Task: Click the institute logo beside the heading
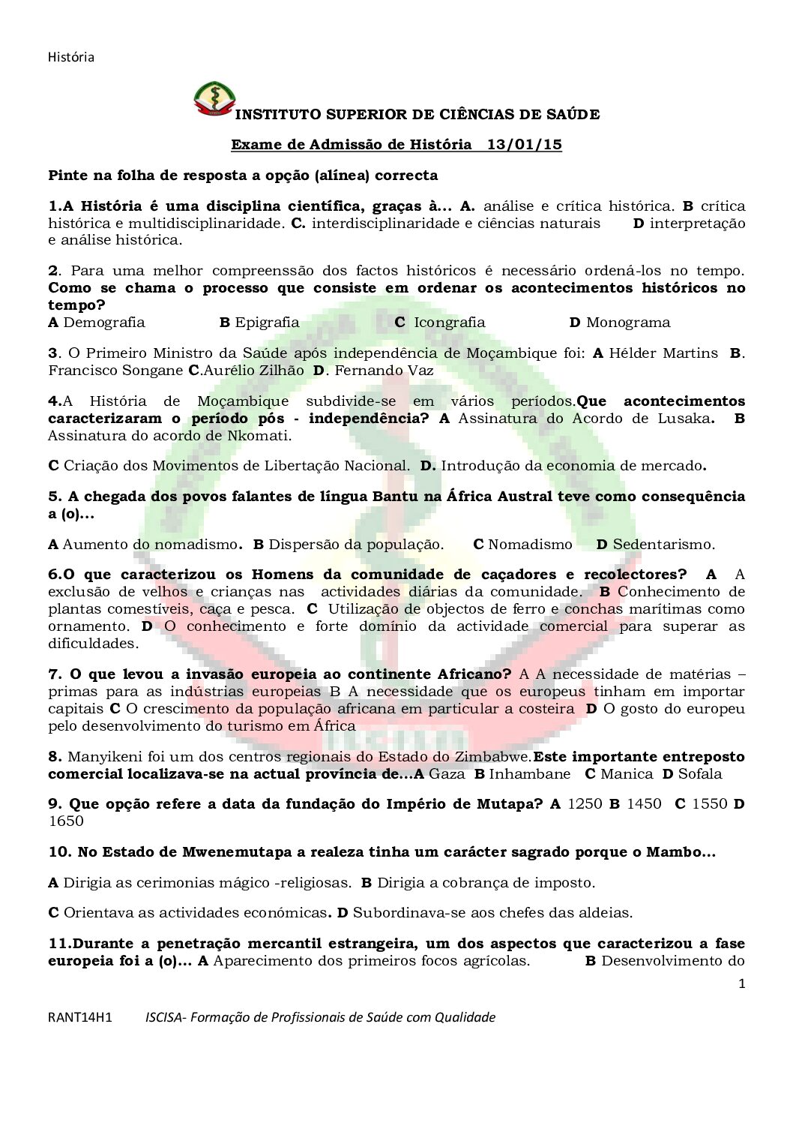pyautogui.click(x=214, y=98)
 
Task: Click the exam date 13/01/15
pyautogui.click(x=524, y=145)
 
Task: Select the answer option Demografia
pyautogui.click(x=104, y=323)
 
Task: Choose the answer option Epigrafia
pyautogui.click(x=267, y=323)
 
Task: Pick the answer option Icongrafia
pyautogui.click(x=449, y=323)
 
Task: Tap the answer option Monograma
pyautogui.click(x=628, y=323)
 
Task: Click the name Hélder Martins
pyautogui.click(x=663, y=353)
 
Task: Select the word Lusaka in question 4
pyautogui.click(x=683, y=419)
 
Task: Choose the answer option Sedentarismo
pyautogui.click(x=663, y=545)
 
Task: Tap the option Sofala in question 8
pyautogui.click(x=700, y=774)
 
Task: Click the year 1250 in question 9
pyautogui.click(x=585, y=804)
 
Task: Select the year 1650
pyautogui.click(x=66, y=821)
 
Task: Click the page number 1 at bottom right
pyautogui.click(x=742, y=984)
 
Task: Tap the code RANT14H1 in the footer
pyautogui.click(x=80, y=1018)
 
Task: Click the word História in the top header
pyautogui.click(x=71, y=57)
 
